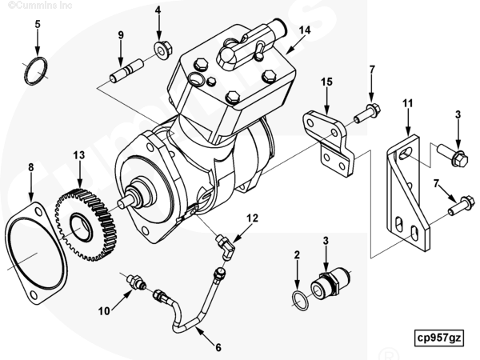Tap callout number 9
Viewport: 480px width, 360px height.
pyautogui.click(x=121, y=34)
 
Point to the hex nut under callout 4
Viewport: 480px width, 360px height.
pyautogui.click(x=160, y=50)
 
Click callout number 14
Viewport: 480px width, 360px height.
pyautogui.click(x=304, y=30)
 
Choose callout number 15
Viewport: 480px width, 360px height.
pyautogui.click(x=326, y=82)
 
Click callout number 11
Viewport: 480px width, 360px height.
pyautogui.click(x=407, y=104)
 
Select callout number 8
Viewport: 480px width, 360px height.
pyautogui.click(x=30, y=167)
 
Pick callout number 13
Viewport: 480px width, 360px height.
pyautogui.click(x=78, y=154)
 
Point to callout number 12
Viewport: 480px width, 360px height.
pyautogui.click(x=252, y=218)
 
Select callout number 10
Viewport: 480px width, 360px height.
pyautogui.click(x=104, y=312)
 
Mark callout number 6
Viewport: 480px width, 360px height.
pyautogui.click(x=218, y=347)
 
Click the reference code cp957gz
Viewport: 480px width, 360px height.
pyautogui.click(x=438, y=338)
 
